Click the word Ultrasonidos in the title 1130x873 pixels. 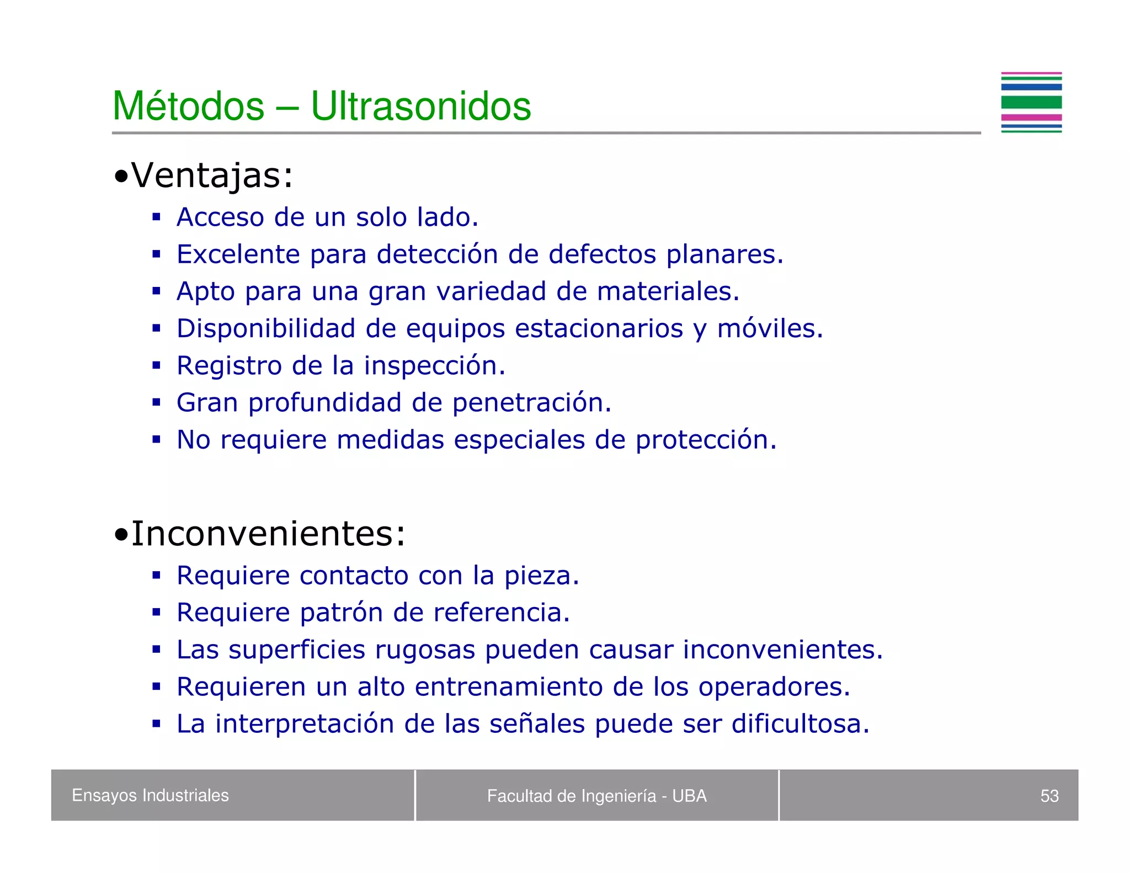tap(420, 106)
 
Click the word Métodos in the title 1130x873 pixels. tap(189, 106)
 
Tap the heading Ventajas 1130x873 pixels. tap(211, 175)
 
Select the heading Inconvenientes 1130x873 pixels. tap(268, 534)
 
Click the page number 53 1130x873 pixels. tap(1049, 796)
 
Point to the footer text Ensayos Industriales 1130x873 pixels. tap(150, 795)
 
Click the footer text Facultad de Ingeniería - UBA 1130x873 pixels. tap(596, 796)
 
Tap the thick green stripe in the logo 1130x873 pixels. tap(1031, 102)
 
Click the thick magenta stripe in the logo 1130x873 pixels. tap(1031, 117)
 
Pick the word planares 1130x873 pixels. tap(724, 255)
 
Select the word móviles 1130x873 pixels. tap(770, 329)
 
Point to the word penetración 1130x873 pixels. tap(531, 403)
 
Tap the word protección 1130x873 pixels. tap(706, 440)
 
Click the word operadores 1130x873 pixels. tap(774, 687)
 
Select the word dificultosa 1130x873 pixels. tap(800, 724)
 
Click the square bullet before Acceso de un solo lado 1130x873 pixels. tap(157, 217)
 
